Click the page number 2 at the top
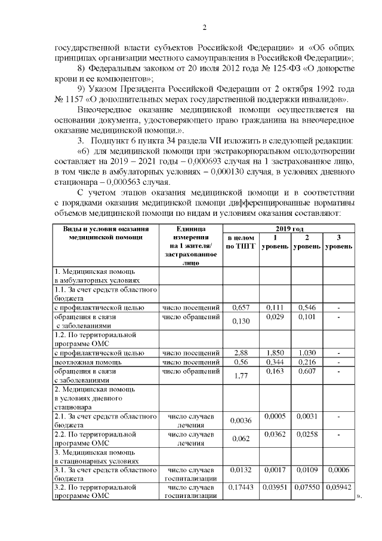tap(204, 27)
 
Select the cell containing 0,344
tap(274, 362)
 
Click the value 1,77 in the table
tap(241, 375)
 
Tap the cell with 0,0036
tap(241, 421)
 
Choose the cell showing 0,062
tap(241, 439)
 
